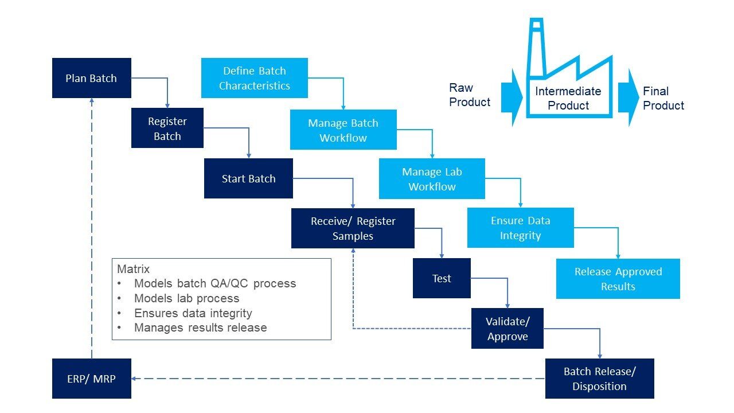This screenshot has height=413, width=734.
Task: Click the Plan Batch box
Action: pos(91,78)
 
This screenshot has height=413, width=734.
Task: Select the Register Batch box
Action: pos(167,128)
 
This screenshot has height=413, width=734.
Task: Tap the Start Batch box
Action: pos(248,178)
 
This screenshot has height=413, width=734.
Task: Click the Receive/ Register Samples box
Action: pos(353,228)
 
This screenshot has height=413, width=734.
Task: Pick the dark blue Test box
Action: pos(442,278)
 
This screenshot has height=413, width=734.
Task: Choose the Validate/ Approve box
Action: pos(507,329)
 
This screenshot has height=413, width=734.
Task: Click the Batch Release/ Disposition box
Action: pos(599,379)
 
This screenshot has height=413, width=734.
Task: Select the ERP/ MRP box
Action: pos(91,379)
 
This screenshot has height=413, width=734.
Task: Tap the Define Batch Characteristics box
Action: pos(254,78)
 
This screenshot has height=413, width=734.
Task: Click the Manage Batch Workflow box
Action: pos(343,130)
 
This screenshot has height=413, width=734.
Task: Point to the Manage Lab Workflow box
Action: pos(432,179)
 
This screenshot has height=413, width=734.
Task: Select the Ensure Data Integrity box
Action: pos(520,228)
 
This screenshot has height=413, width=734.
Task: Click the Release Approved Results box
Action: pos(618,279)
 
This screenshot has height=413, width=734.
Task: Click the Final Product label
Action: pos(663,98)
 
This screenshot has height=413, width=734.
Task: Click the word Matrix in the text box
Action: pos(133,268)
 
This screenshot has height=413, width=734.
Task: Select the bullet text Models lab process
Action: pos(186,298)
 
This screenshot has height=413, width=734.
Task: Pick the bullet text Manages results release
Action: pos(200,328)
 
